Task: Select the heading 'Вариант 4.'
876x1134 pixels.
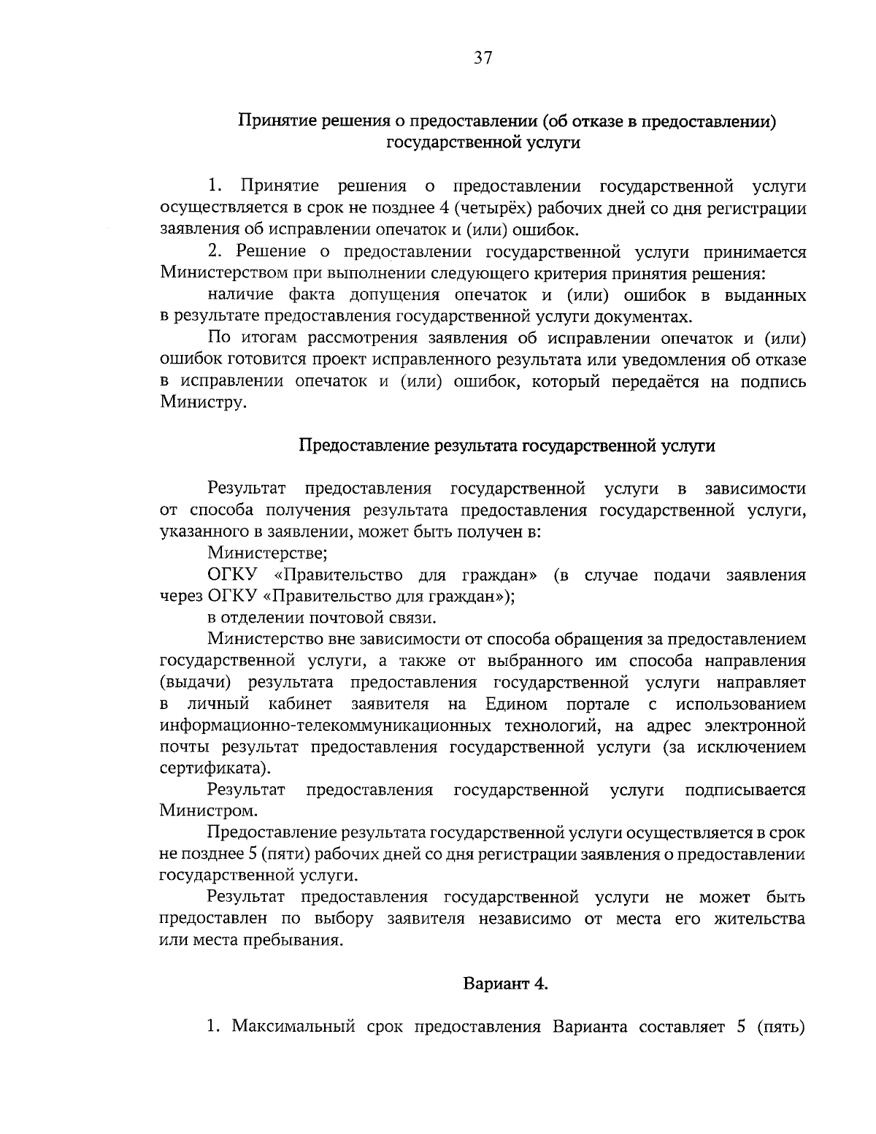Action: coord(506,983)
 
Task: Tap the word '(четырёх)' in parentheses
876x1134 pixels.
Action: coord(486,209)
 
